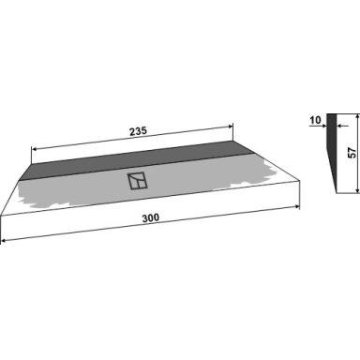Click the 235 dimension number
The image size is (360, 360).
pyautogui.click(x=138, y=131)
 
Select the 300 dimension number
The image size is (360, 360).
pyautogui.click(x=151, y=217)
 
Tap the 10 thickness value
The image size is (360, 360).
pyautogui.click(x=316, y=120)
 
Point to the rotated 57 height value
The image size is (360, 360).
pyautogui.click(x=352, y=153)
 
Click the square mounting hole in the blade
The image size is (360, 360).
pyautogui.click(x=137, y=180)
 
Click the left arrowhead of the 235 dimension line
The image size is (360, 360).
pyautogui.click(x=35, y=149)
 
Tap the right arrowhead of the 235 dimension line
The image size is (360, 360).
pyautogui.click(x=231, y=127)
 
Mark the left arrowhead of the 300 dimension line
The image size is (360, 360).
pyautogui.click(x=4, y=241)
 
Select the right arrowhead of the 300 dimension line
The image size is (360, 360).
pyautogui.click(x=296, y=206)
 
